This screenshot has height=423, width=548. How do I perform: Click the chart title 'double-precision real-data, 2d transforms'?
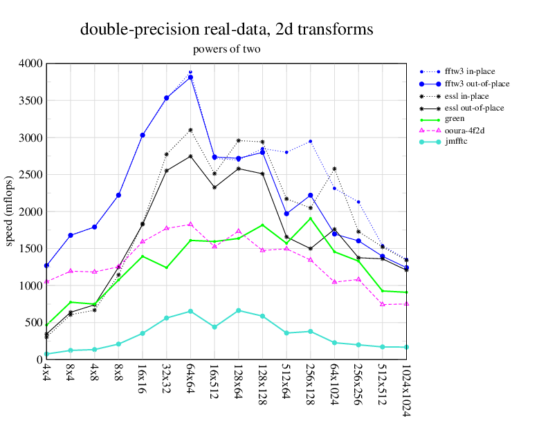(x=227, y=30)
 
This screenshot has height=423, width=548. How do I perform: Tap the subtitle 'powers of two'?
(x=226, y=49)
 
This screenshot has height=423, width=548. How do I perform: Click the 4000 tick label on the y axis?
(x=30, y=64)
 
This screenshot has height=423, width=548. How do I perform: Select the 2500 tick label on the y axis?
(x=30, y=175)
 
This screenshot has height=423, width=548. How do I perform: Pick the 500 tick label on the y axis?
(x=33, y=323)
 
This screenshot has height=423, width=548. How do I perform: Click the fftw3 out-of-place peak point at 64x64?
(x=190, y=77)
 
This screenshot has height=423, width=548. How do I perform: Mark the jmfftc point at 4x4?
(x=46, y=354)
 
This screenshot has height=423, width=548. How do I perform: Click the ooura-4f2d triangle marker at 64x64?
(x=190, y=224)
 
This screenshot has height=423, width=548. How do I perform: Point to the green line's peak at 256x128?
(x=311, y=218)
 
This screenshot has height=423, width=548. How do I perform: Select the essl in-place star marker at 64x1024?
(x=334, y=169)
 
